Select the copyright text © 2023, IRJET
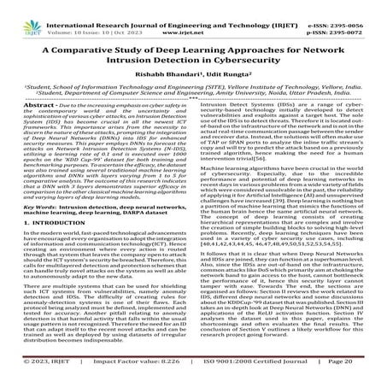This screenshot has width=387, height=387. point(38,374)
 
